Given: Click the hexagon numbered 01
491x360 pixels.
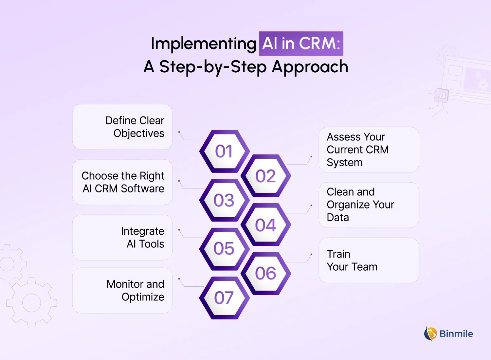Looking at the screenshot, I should click(x=224, y=151).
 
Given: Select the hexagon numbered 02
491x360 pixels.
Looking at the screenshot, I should click(x=266, y=176).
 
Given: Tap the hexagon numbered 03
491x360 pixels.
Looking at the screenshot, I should click(x=224, y=200).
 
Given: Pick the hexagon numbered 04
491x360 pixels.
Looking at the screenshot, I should click(x=266, y=225).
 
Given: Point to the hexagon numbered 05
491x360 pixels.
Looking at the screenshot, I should click(x=224, y=249).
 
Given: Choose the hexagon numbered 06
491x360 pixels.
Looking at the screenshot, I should click(x=266, y=273).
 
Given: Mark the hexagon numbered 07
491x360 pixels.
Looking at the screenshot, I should click(x=224, y=298).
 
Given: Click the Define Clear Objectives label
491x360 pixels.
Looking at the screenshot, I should click(x=135, y=127).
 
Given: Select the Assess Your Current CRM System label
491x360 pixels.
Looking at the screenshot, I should click(x=357, y=150).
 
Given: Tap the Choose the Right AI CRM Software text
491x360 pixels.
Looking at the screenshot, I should click(x=123, y=182).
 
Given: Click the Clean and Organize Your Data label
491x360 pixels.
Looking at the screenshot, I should click(x=360, y=205).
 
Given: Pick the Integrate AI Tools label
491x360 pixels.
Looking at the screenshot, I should click(x=142, y=238).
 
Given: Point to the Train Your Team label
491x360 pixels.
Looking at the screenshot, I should click(x=352, y=261).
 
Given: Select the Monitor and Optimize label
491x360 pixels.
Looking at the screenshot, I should click(x=135, y=291).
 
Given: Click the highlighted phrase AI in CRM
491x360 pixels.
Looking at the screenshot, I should click(x=301, y=44).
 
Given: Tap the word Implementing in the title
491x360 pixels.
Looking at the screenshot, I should click(x=203, y=44).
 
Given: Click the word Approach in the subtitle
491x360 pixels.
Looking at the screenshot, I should click(x=310, y=67).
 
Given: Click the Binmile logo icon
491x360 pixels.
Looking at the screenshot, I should click(x=430, y=334).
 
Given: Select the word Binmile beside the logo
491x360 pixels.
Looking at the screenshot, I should click(x=456, y=334).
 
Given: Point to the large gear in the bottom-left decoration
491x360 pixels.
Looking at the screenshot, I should click(x=31, y=303).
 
